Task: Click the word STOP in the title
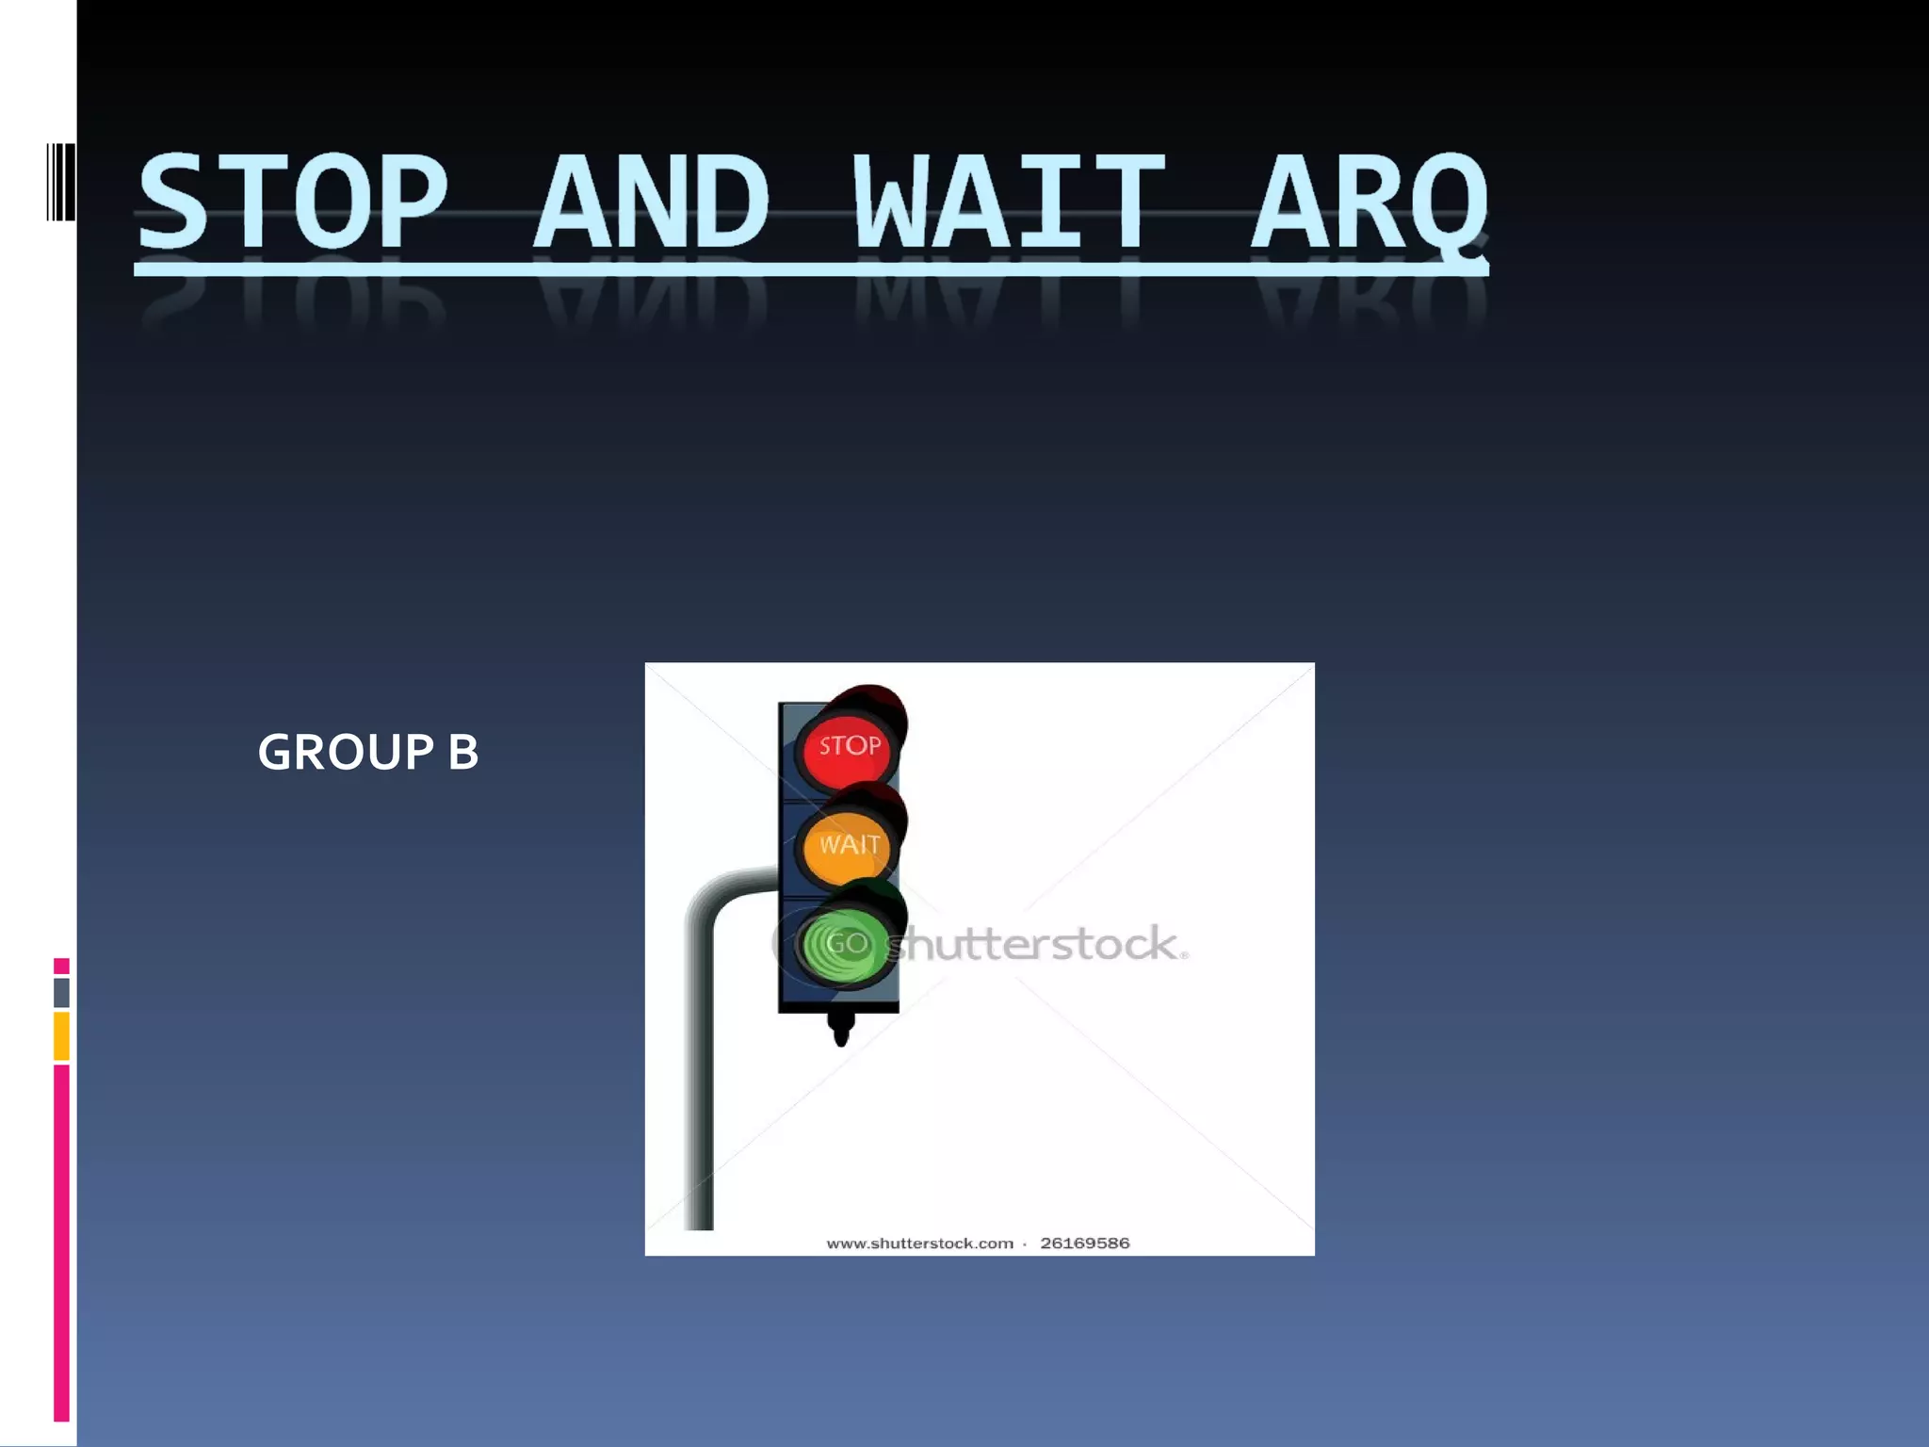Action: pos(292,203)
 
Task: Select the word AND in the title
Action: pos(652,203)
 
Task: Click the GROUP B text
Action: pos(367,752)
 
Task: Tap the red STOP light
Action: pos(848,746)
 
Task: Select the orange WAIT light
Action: pos(848,845)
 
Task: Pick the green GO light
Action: pos(846,944)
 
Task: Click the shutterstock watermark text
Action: pos(1036,944)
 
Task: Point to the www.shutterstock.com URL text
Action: pos(919,1244)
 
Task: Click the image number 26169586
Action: pos(1084,1244)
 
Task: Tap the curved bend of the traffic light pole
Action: pos(716,895)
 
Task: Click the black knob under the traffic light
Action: pos(841,1028)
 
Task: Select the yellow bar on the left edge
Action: pos(61,1035)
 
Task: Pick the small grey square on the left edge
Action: pos(61,992)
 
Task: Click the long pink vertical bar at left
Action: pos(61,1244)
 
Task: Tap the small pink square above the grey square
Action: pos(61,966)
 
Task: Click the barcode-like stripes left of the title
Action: pos(60,182)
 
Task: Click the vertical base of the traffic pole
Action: pos(699,1112)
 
